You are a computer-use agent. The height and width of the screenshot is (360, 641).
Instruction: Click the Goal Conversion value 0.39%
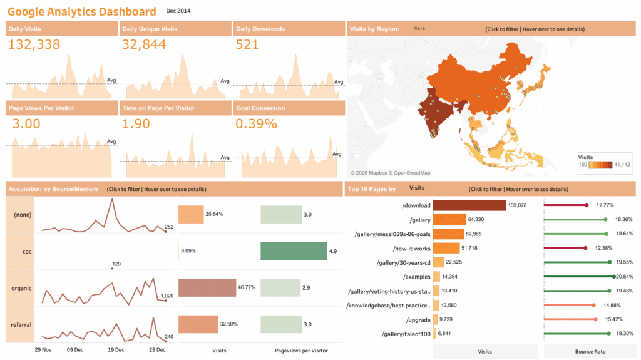tap(256, 123)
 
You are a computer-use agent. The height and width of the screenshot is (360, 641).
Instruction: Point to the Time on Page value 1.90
tap(136, 123)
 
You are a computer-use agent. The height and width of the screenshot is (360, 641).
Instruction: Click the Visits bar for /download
tap(469, 205)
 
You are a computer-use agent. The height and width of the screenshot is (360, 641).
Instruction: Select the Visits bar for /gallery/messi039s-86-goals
tap(448, 234)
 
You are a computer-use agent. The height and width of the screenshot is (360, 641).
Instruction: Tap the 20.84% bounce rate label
tap(627, 277)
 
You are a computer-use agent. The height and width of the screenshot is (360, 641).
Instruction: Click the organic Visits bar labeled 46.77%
tap(207, 288)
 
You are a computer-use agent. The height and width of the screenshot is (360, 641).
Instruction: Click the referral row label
tap(22, 324)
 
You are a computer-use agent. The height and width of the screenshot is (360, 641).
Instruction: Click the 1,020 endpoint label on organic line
tap(167, 296)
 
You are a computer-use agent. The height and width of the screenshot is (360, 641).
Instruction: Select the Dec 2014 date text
tap(178, 11)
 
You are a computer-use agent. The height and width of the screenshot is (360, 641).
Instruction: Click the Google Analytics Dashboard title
tap(82, 12)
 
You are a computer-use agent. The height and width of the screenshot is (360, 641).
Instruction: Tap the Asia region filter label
tap(419, 28)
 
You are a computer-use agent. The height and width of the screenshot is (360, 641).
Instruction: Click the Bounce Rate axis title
tap(590, 352)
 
